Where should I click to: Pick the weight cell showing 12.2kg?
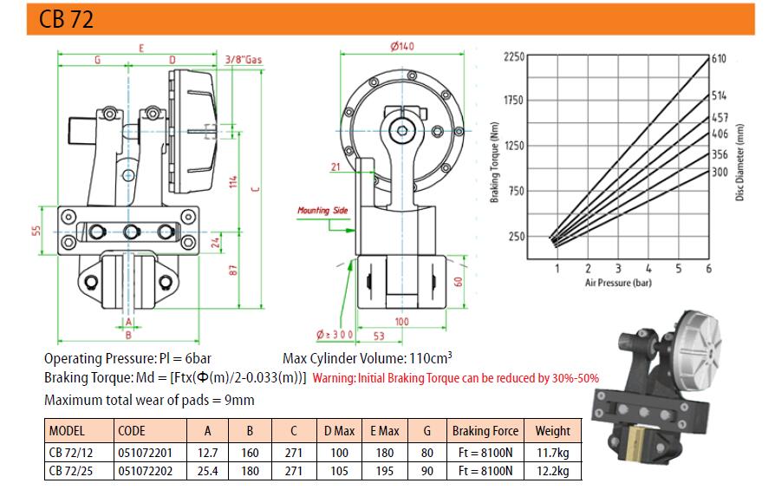pos(552,471)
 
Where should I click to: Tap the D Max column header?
pos(339,430)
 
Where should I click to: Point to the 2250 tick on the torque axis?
pos(514,56)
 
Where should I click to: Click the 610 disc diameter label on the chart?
pos(718,59)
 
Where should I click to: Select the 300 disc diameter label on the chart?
pos(718,172)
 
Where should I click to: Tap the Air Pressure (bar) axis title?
pos(619,283)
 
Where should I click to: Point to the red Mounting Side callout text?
pos(322,210)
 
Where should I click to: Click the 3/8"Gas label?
pos(243,60)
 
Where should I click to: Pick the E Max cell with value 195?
pos(382,471)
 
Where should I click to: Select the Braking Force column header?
pos(485,430)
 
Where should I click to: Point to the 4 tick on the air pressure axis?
pos(648,269)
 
